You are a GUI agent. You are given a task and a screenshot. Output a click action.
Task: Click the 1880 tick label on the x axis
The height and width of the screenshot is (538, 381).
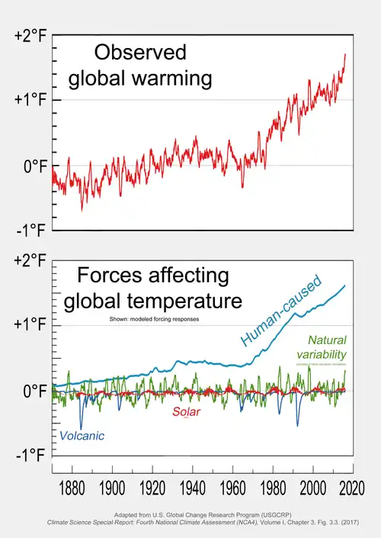(x=71, y=487)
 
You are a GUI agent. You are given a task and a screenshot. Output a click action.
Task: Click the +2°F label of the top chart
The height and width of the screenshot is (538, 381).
(x=31, y=37)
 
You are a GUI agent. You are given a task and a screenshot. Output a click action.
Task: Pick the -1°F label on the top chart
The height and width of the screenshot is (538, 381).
(x=31, y=231)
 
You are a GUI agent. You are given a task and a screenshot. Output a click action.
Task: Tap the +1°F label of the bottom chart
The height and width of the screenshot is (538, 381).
(x=31, y=325)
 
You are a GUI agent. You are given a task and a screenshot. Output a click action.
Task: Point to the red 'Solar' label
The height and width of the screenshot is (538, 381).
(x=187, y=413)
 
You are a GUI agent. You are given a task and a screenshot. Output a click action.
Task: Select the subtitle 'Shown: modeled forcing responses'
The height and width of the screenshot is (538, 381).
(x=149, y=319)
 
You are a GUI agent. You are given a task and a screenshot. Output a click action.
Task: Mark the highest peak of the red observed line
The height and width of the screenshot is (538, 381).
(x=345, y=54)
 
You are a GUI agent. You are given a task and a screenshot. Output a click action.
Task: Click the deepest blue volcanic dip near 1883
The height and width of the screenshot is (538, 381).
(x=81, y=428)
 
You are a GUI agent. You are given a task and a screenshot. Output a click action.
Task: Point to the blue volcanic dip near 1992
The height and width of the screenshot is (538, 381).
(x=298, y=425)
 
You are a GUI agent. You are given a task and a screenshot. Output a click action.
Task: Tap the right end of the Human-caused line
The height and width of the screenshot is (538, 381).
(x=345, y=285)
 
